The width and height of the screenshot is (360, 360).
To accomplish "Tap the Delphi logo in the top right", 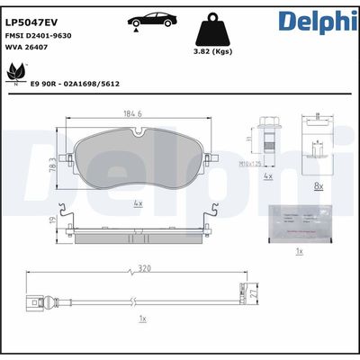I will click(317, 20).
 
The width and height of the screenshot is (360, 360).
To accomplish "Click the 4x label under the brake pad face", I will click(138, 203).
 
